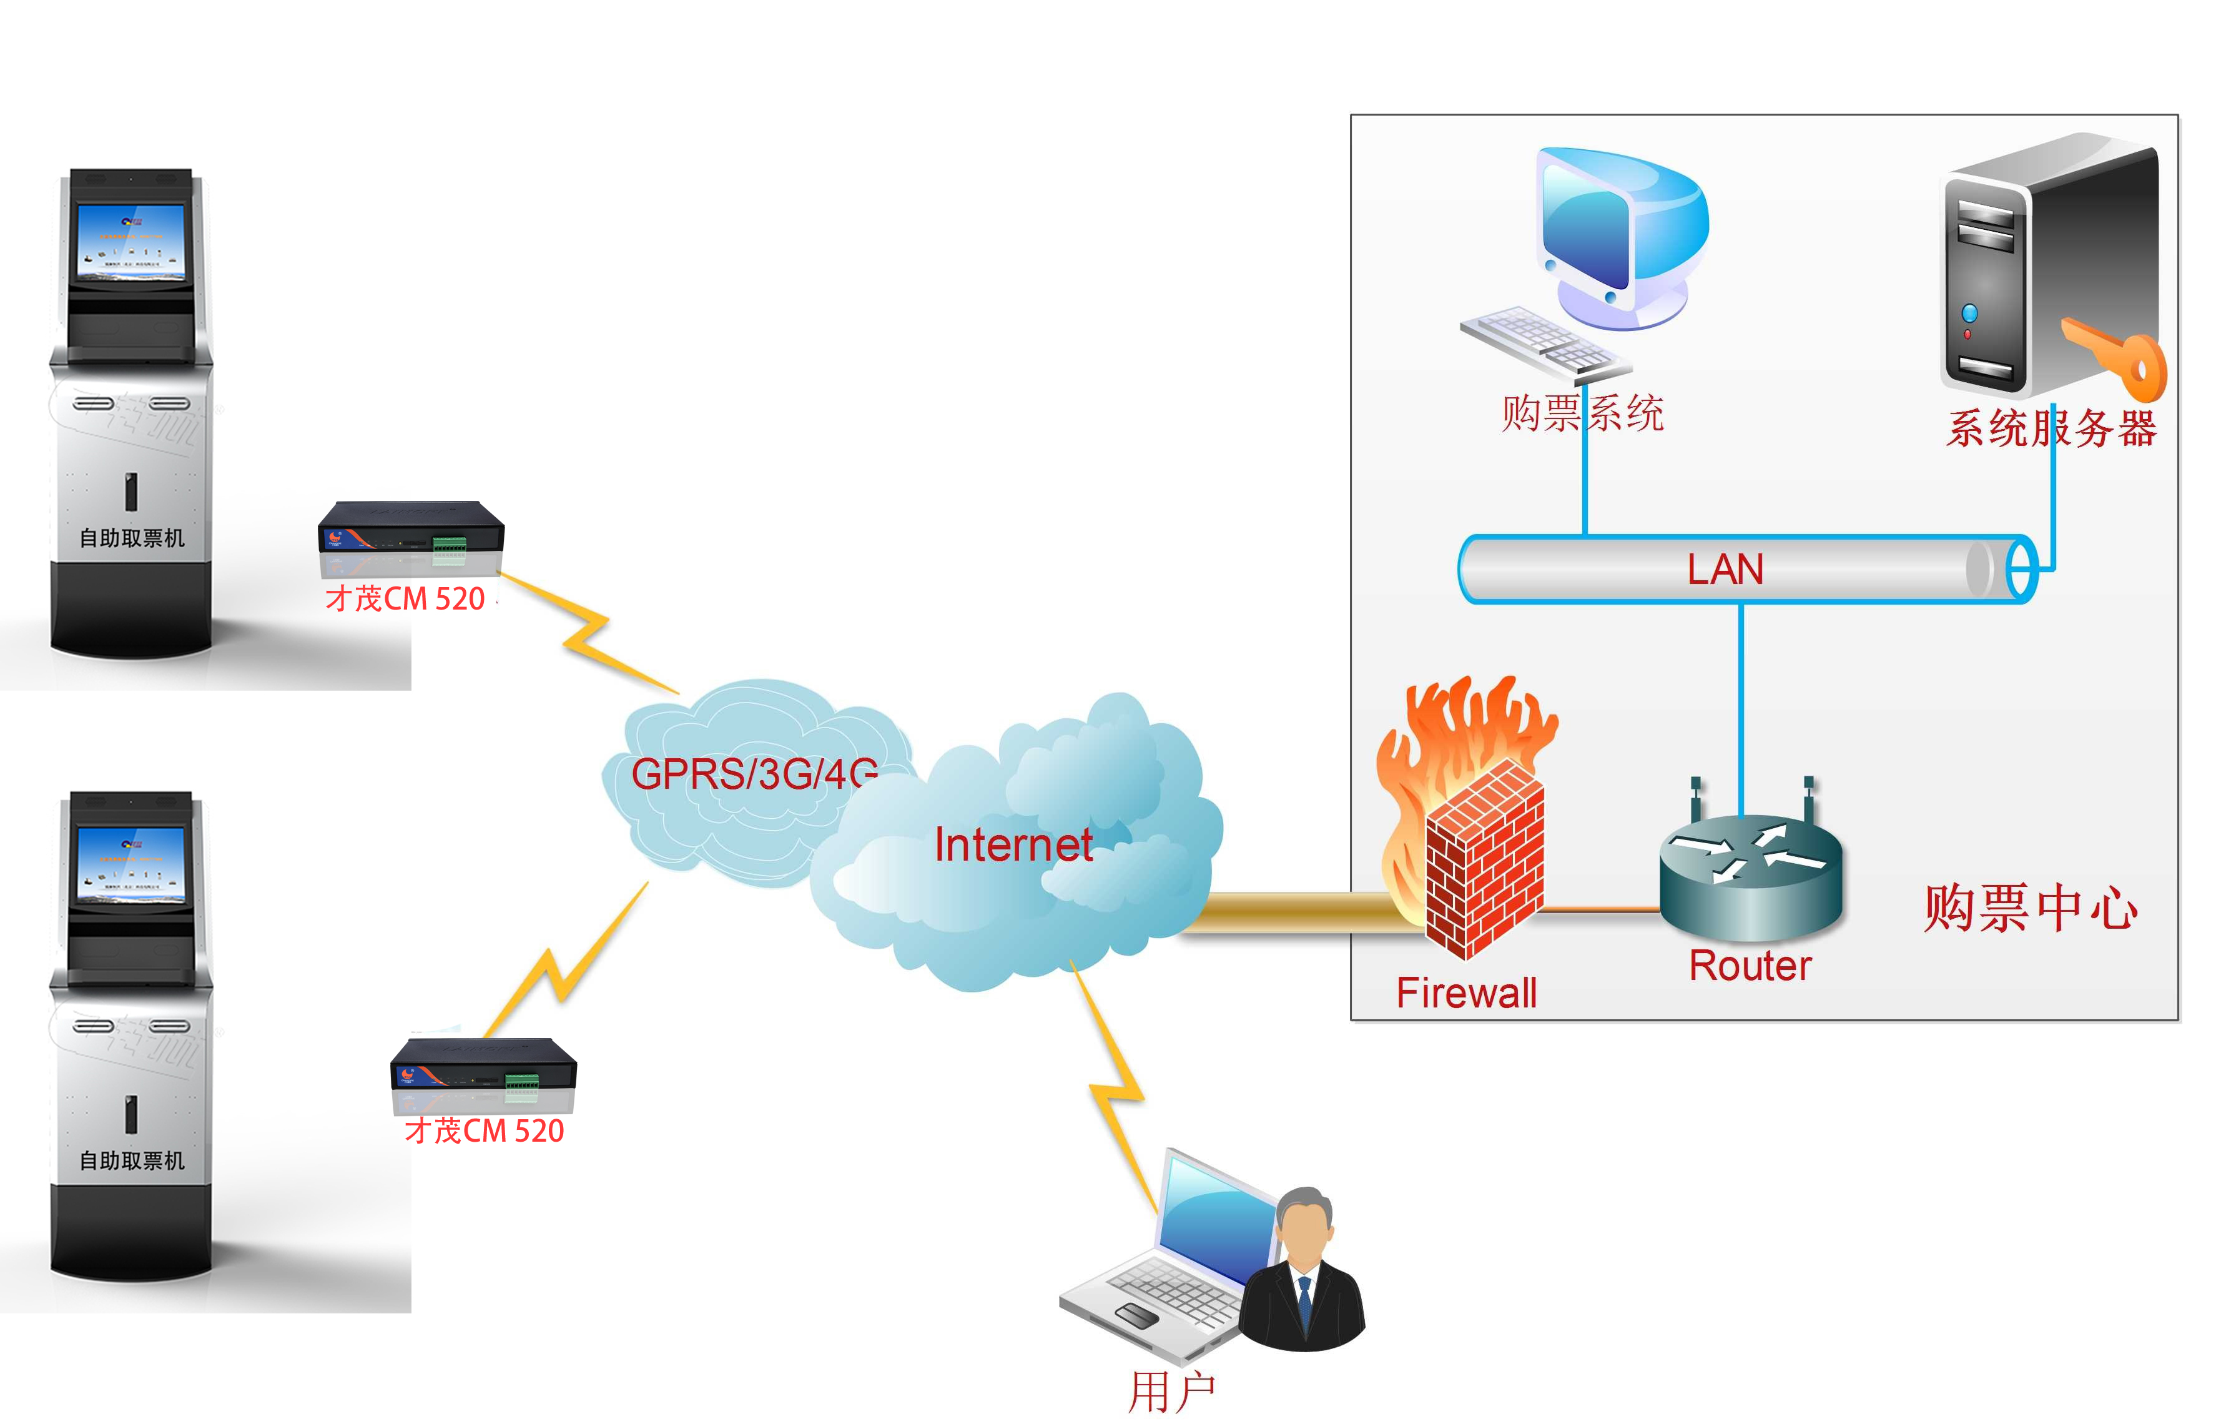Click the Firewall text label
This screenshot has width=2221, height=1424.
point(1466,993)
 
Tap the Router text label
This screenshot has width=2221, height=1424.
point(1750,966)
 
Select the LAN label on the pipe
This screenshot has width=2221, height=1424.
point(1725,569)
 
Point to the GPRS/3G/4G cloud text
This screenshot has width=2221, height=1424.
point(753,773)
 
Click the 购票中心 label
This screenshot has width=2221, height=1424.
point(2030,908)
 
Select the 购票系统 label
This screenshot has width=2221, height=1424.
point(1582,412)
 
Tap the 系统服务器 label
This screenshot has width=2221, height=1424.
point(2051,428)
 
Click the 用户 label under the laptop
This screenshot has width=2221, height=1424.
point(1171,1391)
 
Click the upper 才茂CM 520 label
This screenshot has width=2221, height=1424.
point(405,598)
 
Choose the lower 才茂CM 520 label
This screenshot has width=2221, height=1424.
point(485,1130)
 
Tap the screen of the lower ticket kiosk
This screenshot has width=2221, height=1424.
point(131,864)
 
